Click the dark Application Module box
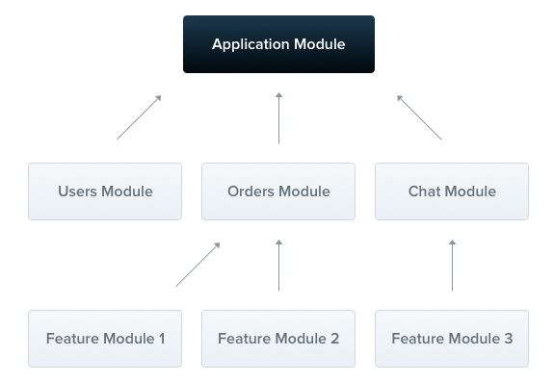pyautogui.click(x=278, y=44)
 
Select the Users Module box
pyautogui.click(x=105, y=191)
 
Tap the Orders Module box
pyautogui.click(x=278, y=191)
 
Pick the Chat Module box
pyautogui.click(x=452, y=191)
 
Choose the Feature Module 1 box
pyautogui.click(x=105, y=339)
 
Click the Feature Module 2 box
pyautogui.click(x=278, y=339)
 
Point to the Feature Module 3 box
pyautogui.click(x=452, y=339)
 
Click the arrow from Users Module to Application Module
pyautogui.click(x=139, y=117)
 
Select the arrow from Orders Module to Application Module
pyautogui.click(x=278, y=118)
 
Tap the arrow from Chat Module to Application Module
pyautogui.click(x=419, y=117)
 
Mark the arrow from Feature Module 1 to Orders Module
pyautogui.click(x=198, y=265)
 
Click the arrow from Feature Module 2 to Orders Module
pyautogui.click(x=278, y=266)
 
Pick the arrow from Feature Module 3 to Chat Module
pyautogui.click(x=452, y=266)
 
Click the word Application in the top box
pyautogui.click(x=251, y=45)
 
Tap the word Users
pyautogui.click(x=77, y=191)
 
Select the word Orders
pyautogui.click(x=251, y=191)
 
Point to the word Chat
pyautogui.click(x=424, y=191)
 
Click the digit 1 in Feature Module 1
pyautogui.click(x=162, y=339)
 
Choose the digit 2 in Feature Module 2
pyautogui.click(x=335, y=339)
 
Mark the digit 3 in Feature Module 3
pyautogui.click(x=509, y=339)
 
